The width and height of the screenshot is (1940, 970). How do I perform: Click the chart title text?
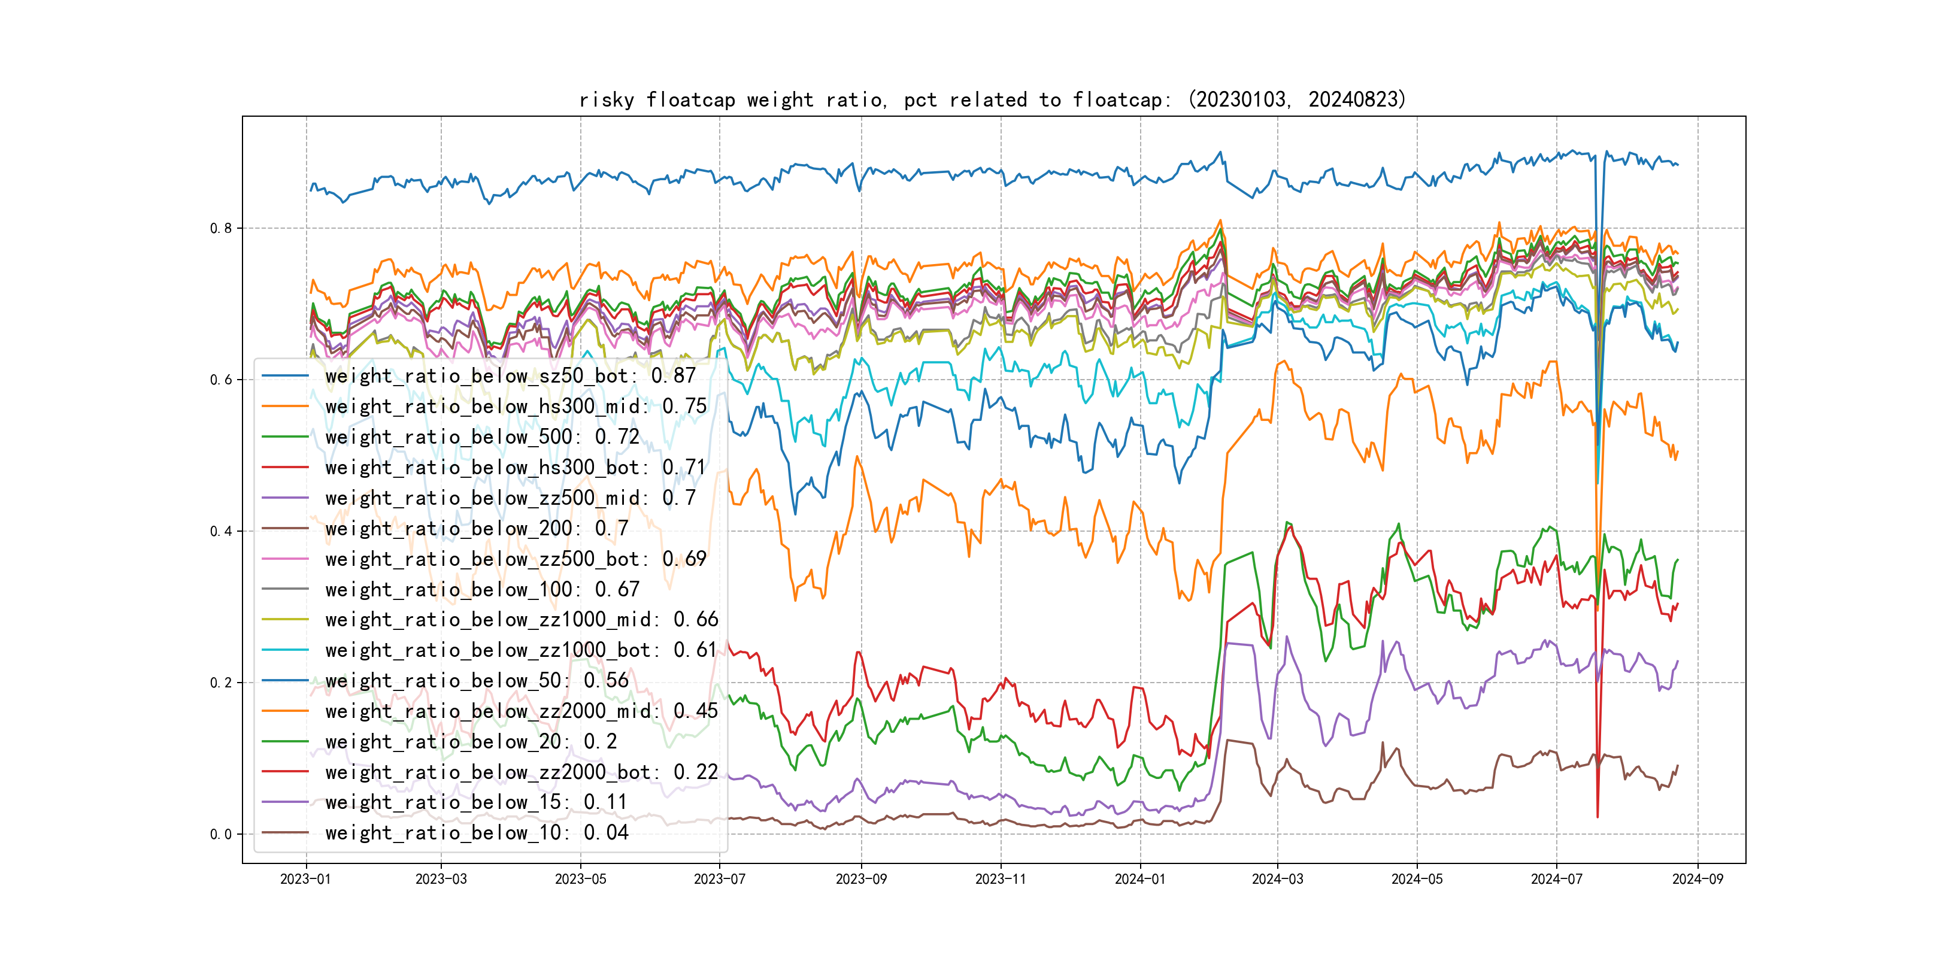click(992, 99)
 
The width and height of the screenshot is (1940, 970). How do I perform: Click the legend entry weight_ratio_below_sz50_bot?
click(510, 376)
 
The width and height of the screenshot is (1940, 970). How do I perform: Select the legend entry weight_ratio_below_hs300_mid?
click(516, 407)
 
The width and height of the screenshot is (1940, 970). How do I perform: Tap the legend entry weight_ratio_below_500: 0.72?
click(482, 437)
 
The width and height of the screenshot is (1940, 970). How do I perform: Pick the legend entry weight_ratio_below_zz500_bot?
click(516, 559)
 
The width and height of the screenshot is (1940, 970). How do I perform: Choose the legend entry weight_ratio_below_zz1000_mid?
click(521, 620)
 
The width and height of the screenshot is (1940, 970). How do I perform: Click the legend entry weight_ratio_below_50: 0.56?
click(476, 681)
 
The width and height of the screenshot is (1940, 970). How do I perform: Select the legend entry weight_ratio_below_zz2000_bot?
click(521, 772)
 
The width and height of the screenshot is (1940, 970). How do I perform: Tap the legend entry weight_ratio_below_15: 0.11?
click(476, 802)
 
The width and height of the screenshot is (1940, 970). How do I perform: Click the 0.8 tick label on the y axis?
click(221, 228)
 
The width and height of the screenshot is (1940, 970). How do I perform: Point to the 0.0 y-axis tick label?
click(221, 835)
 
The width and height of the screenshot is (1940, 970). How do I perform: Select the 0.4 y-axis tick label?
click(221, 532)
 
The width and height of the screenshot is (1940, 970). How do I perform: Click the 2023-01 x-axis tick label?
click(306, 880)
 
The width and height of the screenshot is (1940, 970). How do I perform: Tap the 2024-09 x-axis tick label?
click(1697, 880)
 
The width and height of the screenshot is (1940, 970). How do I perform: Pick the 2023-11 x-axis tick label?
click(1001, 880)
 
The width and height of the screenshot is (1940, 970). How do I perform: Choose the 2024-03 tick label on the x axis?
click(1277, 880)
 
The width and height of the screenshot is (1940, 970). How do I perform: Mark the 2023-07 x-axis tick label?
click(719, 880)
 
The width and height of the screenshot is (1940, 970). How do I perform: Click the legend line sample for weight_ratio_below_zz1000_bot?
click(284, 650)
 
